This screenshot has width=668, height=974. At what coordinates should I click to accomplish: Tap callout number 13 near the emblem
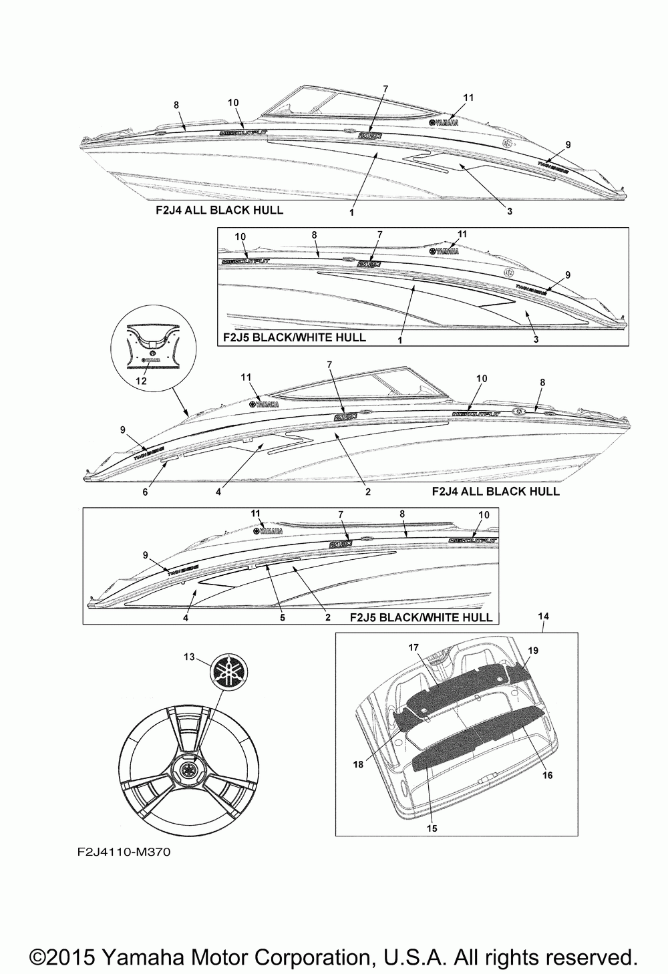point(190,657)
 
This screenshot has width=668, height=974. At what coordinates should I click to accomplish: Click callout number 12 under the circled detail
point(141,381)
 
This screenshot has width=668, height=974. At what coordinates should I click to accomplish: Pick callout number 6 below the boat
point(145,492)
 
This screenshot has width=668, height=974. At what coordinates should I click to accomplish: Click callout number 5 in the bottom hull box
point(283,618)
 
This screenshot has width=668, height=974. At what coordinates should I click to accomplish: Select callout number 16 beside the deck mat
point(548,776)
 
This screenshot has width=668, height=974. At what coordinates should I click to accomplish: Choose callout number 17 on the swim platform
point(413,647)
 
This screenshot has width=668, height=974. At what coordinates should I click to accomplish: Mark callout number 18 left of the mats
point(359,764)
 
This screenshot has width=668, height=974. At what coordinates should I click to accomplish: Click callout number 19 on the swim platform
point(532,649)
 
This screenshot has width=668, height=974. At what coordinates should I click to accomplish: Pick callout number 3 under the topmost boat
point(509,211)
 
